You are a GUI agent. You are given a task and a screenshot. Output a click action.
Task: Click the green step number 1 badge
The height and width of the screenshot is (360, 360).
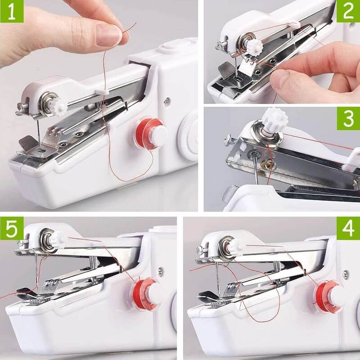(x=12, y=11)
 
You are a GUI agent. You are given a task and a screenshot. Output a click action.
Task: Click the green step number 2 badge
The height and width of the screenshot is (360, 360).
(x=348, y=11)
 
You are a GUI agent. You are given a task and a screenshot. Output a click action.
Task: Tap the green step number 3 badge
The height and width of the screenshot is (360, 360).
(x=348, y=118)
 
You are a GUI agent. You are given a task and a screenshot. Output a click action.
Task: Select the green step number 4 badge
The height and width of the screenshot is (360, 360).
(x=348, y=229)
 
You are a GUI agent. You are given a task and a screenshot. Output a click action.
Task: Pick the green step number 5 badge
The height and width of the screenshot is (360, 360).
(x=12, y=229)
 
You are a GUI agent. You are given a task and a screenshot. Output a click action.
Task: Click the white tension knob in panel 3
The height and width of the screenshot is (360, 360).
(x=274, y=121)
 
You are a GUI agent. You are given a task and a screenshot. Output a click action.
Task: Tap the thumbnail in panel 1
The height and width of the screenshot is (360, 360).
(x=108, y=35)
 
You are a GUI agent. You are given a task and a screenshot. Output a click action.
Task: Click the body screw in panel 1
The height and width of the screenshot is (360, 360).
(x=167, y=101)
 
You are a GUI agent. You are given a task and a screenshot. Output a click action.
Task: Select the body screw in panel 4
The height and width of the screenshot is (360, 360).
(x=345, y=274)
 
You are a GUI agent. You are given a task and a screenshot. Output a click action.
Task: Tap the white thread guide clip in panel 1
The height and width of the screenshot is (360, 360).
(x=102, y=92)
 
